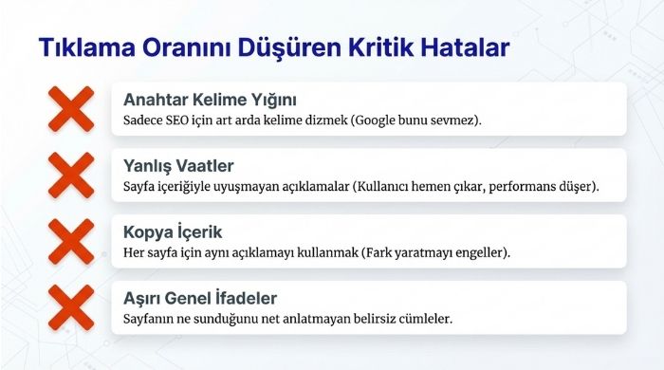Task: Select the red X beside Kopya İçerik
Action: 71,242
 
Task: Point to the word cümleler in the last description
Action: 426,320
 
